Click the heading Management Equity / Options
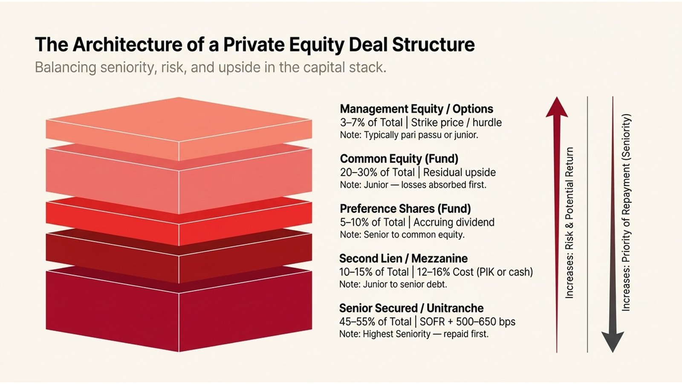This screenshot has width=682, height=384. pyautogui.click(x=416, y=109)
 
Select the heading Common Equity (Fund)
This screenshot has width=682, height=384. pyautogui.click(x=399, y=159)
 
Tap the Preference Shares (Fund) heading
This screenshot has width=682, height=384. pyautogui.click(x=405, y=209)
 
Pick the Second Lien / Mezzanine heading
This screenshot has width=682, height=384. pyautogui.click(x=403, y=259)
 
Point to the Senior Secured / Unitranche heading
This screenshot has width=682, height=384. pyautogui.click(x=411, y=308)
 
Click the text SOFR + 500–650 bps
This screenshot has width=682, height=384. pyautogui.click(x=468, y=322)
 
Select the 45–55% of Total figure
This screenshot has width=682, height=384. pyautogui.click(x=375, y=322)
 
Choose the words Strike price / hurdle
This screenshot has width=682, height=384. pyautogui.click(x=456, y=122)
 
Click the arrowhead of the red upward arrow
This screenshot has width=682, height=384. pyautogui.click(x=557, y=108)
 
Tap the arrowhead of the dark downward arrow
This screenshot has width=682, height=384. pyautogui.click(x=613, y=341)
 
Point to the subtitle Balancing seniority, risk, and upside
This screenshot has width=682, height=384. pyautogui.click(x=210, y=68)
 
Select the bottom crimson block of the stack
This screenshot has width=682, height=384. pyautogui.click(x=179, y=316)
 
